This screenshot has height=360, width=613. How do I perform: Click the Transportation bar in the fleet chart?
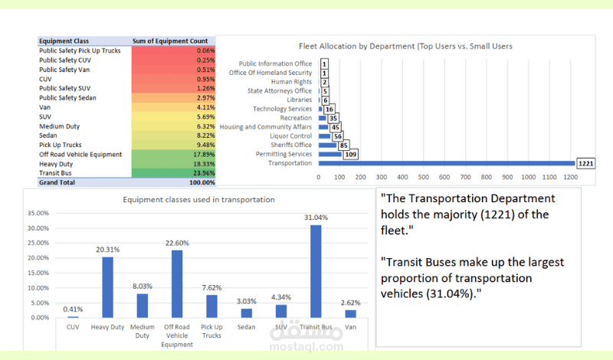[445, 163]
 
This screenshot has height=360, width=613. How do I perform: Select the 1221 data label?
[585, 163]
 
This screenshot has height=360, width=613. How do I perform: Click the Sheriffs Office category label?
[291, 145]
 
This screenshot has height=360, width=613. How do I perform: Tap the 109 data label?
[349, 154]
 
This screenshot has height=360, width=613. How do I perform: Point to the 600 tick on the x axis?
[444, 178]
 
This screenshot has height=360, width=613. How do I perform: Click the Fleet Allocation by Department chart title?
[405, 46]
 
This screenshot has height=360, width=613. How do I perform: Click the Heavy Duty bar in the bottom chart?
[108, 287]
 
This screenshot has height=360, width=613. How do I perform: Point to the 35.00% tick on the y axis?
[38, 214]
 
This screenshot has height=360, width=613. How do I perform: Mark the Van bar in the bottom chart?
[351, 313]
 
